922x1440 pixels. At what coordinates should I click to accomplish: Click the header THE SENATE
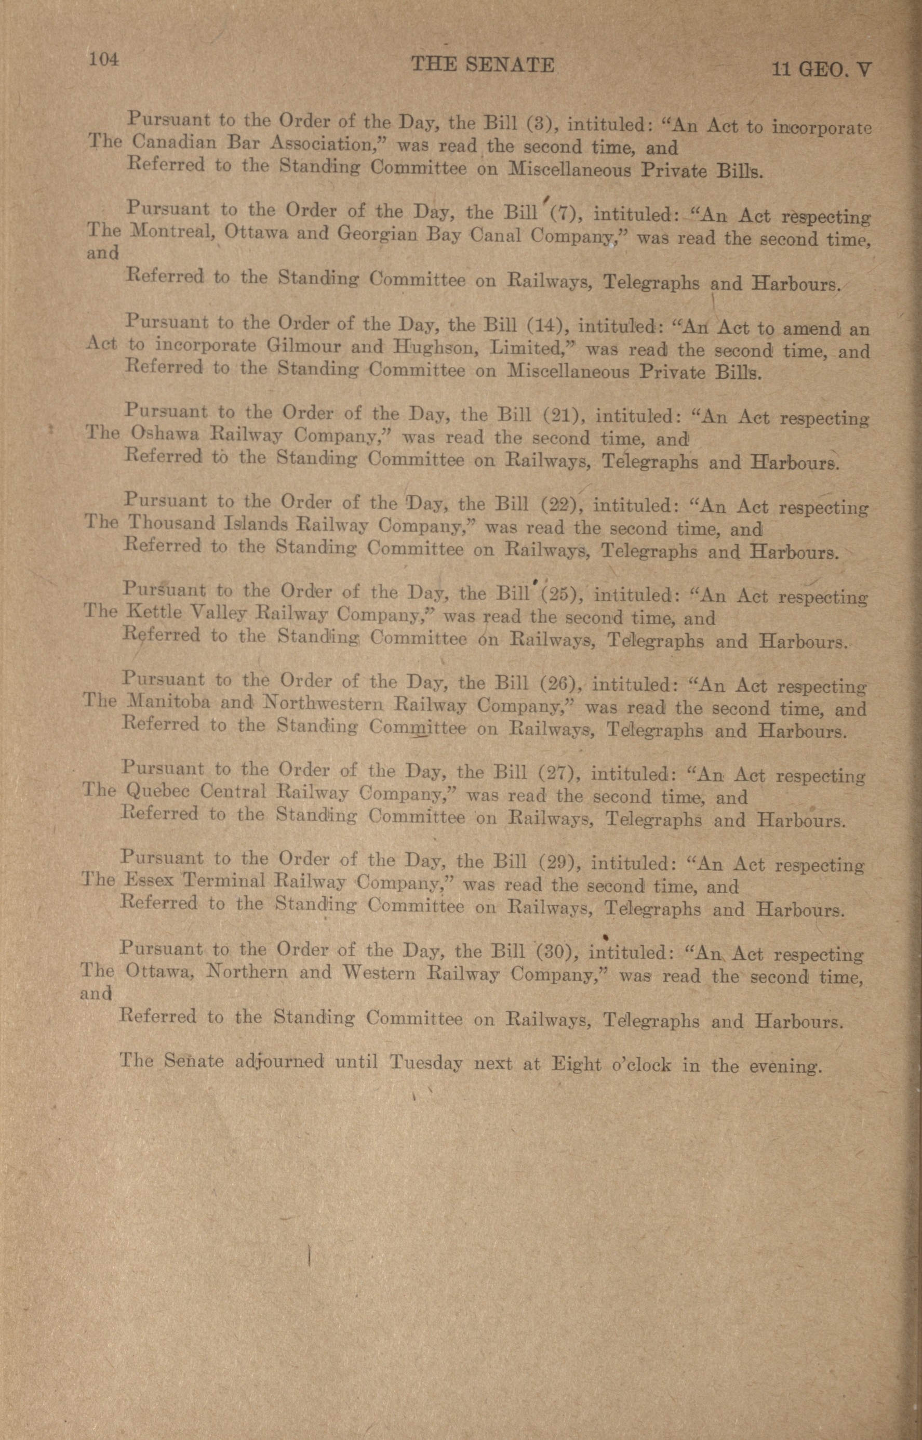click(x=483, y=64)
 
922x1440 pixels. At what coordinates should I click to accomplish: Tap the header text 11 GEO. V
click(x=821, y=70)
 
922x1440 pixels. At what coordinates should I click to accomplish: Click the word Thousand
click(x=171, y=523)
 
